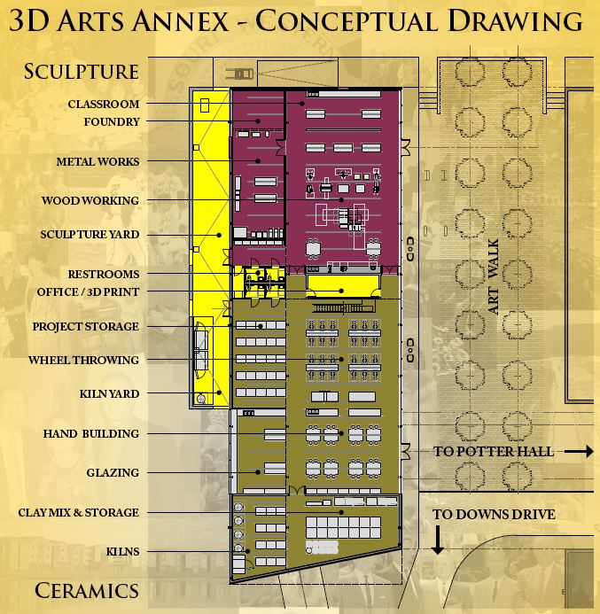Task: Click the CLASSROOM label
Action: [104, 105]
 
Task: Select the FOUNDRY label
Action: [112, 122]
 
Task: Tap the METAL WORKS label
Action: [97, 162]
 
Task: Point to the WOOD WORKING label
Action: [90, 201]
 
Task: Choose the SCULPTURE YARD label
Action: [90, 235]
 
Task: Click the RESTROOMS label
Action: [104, 274]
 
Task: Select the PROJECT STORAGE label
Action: [86, 327]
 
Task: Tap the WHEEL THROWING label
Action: [83, 361]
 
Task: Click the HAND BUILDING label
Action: [91, 434]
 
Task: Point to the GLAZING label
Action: [113, 473]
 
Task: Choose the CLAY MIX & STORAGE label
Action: [79, 513]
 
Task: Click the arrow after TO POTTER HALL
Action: [578, 452]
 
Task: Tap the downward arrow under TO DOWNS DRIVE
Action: [437, 540]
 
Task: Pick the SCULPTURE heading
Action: [82, 72]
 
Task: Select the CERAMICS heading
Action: [87, 591]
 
